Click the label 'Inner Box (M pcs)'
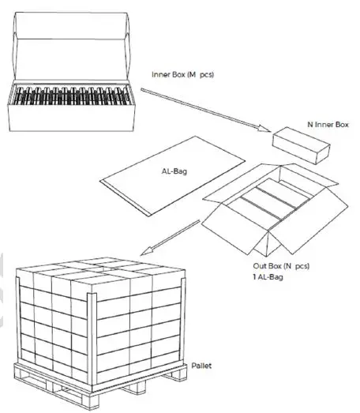pos(182,75)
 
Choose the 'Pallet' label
pos(201,366)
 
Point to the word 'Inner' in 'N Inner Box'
pos(323,124)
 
